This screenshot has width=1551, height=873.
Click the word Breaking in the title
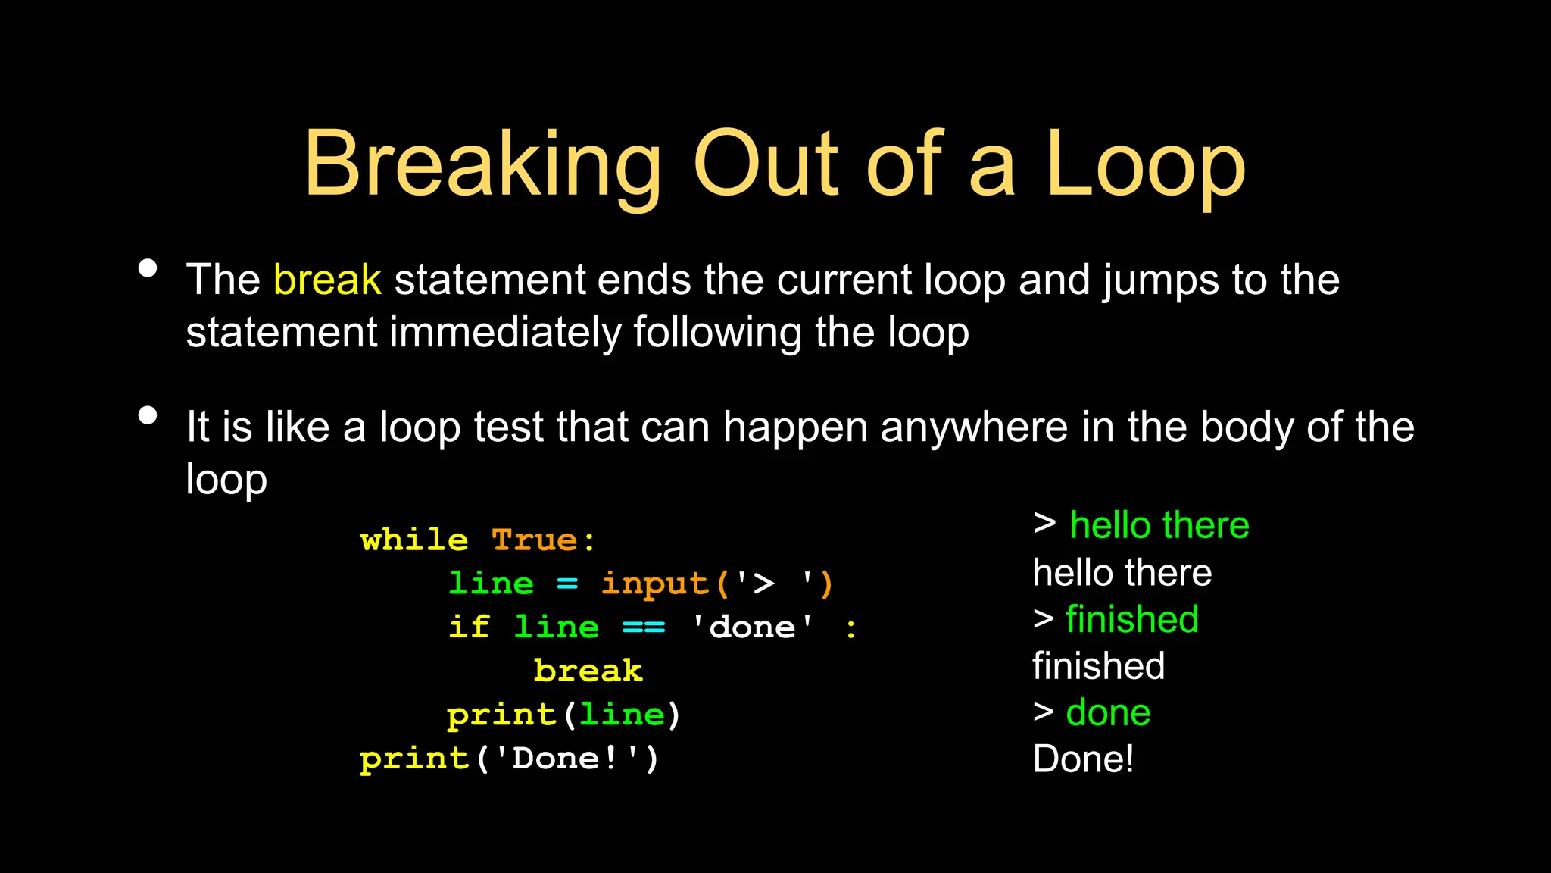[x=482, y=164]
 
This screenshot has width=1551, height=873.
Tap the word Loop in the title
[x=1145, y=164]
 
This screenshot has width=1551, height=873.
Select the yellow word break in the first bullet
[x=327, y=280]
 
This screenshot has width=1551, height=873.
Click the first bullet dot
[x=148, y=268]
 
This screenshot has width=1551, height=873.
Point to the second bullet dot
[x=148, y=415]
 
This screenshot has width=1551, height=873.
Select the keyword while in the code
[x=414, y=540]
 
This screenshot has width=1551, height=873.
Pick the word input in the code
[x=655, y=584]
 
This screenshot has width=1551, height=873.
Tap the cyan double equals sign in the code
[x=644, y=627]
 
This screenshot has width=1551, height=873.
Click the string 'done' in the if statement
[x=753, y=627]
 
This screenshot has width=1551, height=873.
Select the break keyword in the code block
[x=588, y=671]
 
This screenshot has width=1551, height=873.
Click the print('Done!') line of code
[x=510, y=759]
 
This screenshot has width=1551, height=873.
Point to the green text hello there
[x=1159, y=525]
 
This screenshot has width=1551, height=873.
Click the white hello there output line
[x=1122, y=573]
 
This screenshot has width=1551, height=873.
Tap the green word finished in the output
[x=1132, y=619]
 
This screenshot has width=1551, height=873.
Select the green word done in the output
[x=1108, y=712]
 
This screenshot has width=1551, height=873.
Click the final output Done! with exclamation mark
[x=1083, y=759]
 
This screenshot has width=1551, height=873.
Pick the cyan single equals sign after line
[x=567, y=584]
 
